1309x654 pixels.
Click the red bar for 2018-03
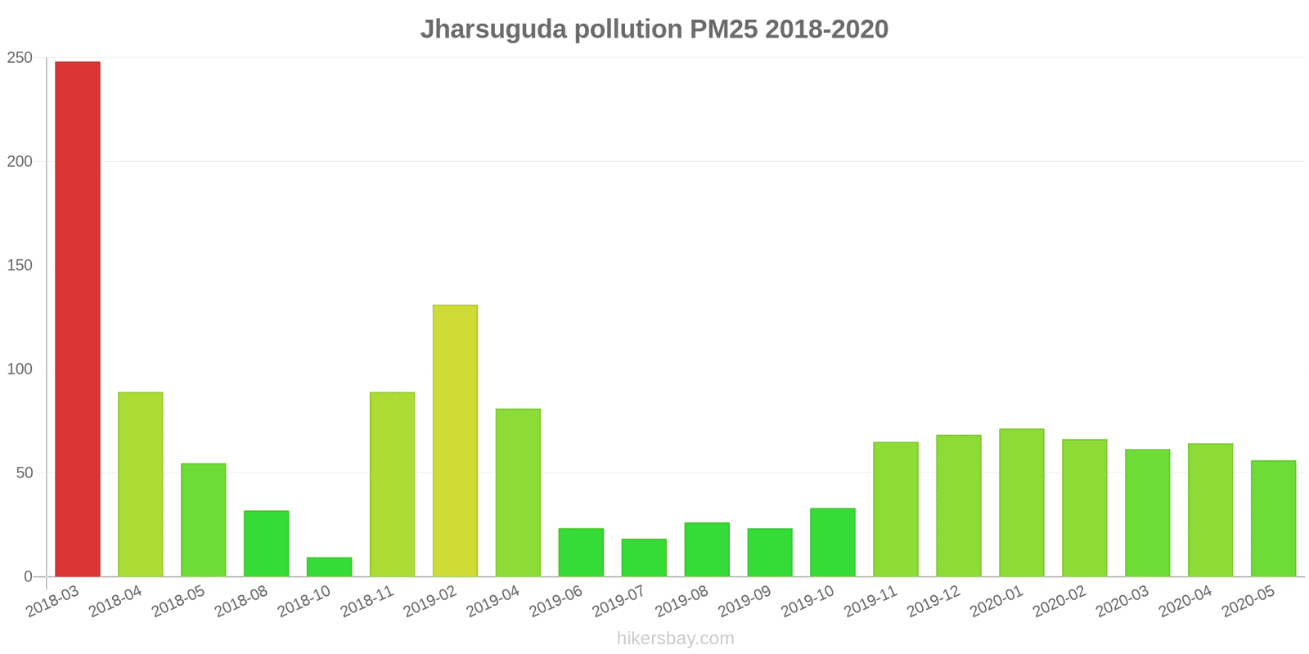78,319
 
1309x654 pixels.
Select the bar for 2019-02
455,441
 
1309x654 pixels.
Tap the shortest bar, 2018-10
329,567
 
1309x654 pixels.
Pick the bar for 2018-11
392,484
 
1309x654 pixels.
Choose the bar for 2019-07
644,558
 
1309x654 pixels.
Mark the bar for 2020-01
1021,503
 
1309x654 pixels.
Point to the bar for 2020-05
1273,518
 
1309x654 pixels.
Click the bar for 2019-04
518,492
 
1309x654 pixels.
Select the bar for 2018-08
266,544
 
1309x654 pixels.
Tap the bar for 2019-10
833,542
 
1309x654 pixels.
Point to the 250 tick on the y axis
20,58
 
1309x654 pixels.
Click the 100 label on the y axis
20,370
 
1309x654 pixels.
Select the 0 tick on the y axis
29,577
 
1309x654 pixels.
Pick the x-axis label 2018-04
115,602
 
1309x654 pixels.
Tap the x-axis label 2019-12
933,602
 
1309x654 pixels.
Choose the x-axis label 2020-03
1122,602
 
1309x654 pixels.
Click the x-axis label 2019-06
556,602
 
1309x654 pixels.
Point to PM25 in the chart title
724,29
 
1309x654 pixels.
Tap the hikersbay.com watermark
676,638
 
